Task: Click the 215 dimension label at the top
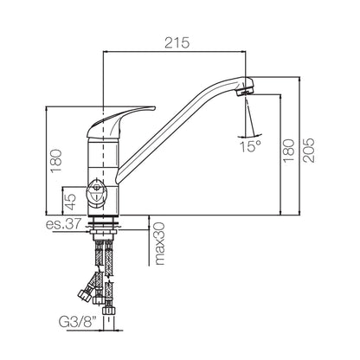click(x=177, y=43)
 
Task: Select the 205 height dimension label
click(x=308, y=150)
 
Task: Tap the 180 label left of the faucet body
click(x=56, y=161)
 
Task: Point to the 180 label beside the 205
click(x=289, y=151)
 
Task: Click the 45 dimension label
click(x=70, y=202)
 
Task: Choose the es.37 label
click(x=62, y=224)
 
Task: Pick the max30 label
click(x=159, y=243)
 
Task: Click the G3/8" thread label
click(x=78, y=322)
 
